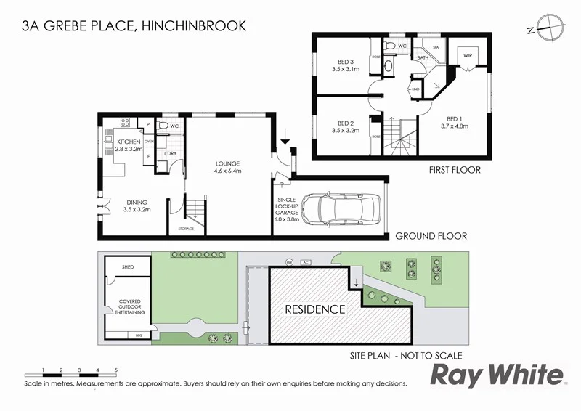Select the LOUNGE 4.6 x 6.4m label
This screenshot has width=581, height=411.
[227, 168]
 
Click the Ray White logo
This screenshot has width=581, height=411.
[497, 375]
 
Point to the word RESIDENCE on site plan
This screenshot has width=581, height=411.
[314, 309]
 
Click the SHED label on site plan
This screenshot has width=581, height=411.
[127, 267]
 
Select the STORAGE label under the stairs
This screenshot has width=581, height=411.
[187, 229]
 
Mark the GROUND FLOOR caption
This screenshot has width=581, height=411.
[431, 235]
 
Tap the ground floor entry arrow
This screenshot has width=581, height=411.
[285, 136]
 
